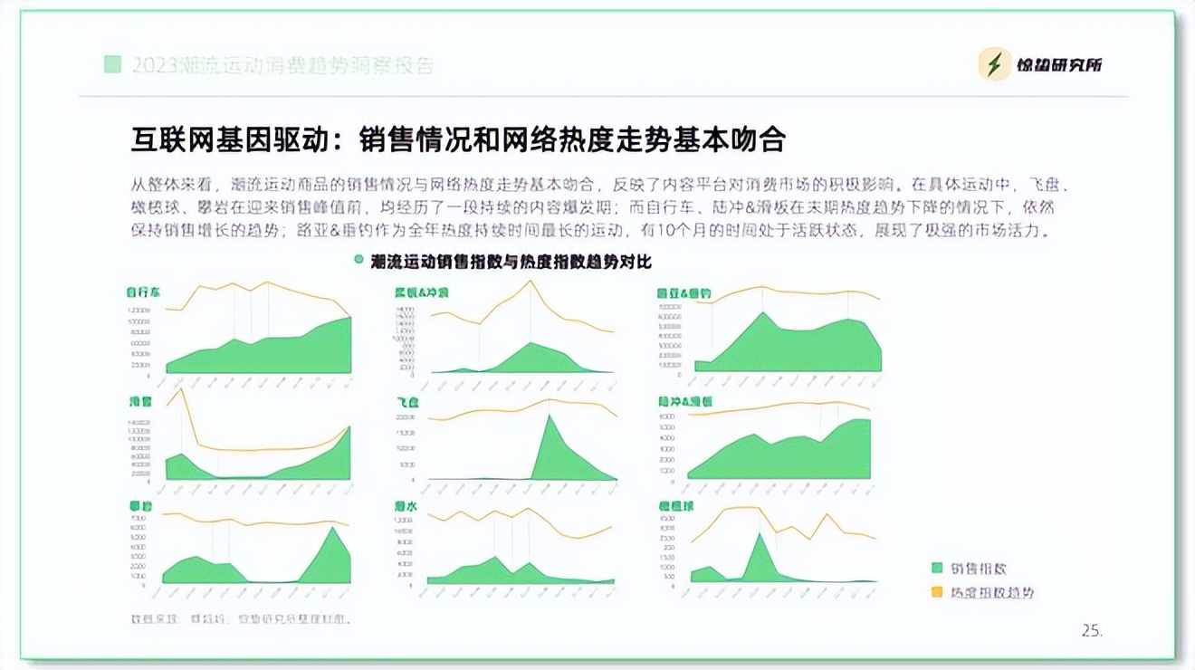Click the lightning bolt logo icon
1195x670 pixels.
(x=995, y=64)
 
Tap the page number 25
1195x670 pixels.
(x=1093, y=630)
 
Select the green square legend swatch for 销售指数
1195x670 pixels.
(x=937, y=569)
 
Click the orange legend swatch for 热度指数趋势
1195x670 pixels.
(x=937, y=592)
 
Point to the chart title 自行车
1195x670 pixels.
(x=143, y=292)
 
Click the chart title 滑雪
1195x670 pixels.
(x=139, y=401)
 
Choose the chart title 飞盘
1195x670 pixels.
(x=406, y=401)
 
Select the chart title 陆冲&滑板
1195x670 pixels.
(x=685, y=401)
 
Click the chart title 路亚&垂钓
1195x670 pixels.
(x=684, y=293)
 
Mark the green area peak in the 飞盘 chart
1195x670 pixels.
(x=550, y=416)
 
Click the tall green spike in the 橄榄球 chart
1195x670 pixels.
(x=760, y=535)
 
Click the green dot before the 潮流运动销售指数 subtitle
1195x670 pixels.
(x=358, y=261)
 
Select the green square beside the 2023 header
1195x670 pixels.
(x=112, y=64)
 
